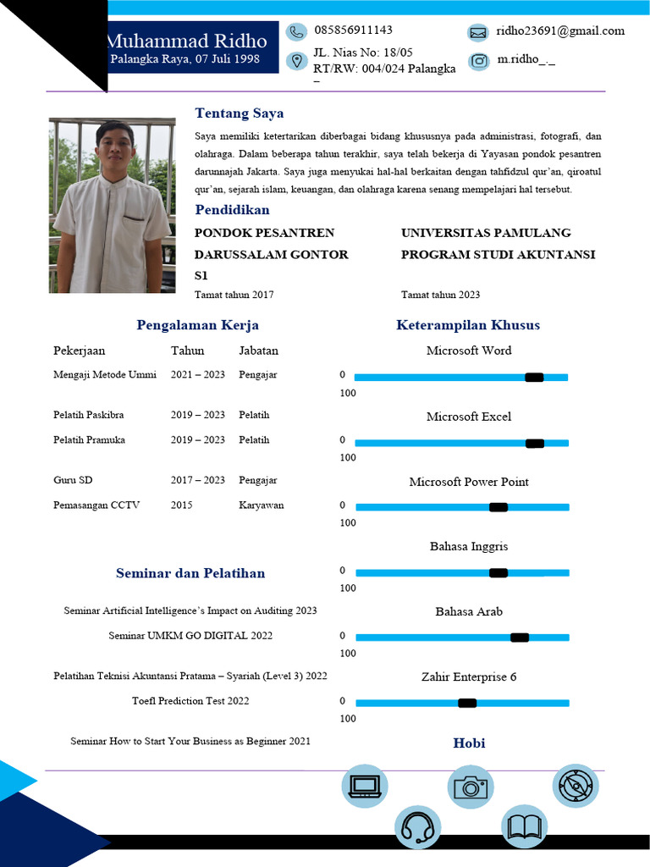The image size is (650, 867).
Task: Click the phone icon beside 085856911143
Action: click(296, 32)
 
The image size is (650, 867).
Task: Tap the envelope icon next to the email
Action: click(478, 33)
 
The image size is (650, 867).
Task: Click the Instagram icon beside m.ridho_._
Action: click(479, 61)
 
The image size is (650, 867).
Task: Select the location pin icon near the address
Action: click(296, 61)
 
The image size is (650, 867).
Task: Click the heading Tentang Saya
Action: click(240, 113)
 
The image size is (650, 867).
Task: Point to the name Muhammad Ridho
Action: click(186, 41)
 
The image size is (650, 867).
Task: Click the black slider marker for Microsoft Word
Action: click(534, 378)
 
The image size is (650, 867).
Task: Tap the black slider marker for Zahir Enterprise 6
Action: click(467, 703)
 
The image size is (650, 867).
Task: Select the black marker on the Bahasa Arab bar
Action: click(520, 638)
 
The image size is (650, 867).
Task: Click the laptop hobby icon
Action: click(364, 786)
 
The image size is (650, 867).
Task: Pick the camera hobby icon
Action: click(471, 787)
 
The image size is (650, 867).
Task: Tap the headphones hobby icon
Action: click(417, 826)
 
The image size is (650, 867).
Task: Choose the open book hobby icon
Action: click(525, 826)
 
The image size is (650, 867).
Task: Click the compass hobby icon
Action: click(576, 786)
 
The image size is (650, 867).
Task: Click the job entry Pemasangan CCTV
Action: click(96, 505)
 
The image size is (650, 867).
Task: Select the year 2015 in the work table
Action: click(181, 505)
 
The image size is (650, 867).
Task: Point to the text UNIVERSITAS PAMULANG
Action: click(486, 233)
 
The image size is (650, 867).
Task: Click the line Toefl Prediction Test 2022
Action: click(190, 701)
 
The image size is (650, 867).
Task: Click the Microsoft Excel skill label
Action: click(469, 417)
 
